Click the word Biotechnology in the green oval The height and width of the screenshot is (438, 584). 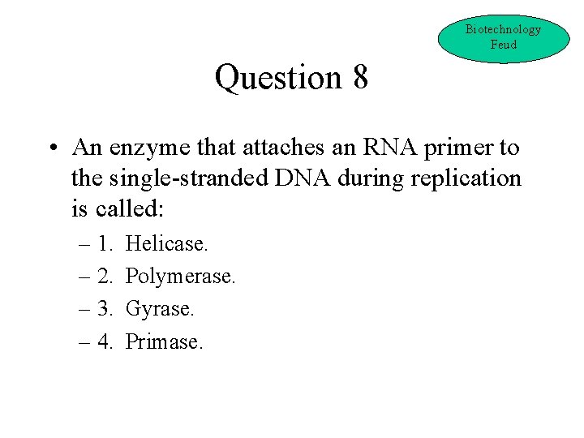tap(503, 29)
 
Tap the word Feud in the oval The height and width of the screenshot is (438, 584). tap(503, 45)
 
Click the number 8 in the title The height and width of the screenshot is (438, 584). tap(360, 78)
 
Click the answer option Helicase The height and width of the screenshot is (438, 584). tap(167, 243)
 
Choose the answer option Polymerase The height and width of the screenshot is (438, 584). tap(181, 277)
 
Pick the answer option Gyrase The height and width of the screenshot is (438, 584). tap(160, 309)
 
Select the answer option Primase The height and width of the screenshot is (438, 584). tap(165, 342)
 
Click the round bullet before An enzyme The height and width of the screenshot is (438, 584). tap(51, 149)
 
